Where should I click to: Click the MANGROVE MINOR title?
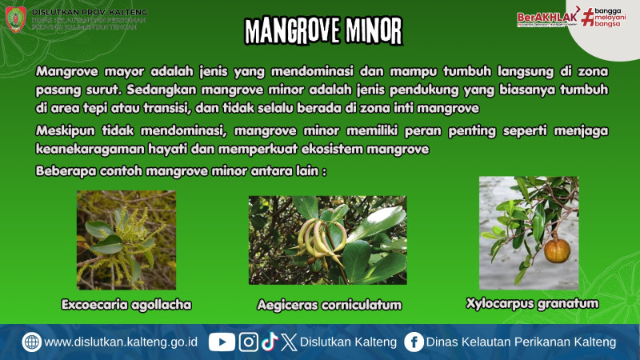click(x=323, y=30)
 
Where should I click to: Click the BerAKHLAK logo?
click(x=547, y=18)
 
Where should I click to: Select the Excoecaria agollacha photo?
click(x=126, y=240)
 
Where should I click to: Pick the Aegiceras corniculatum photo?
click(x=327, y=240)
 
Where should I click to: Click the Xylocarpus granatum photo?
click(x=528, y=233)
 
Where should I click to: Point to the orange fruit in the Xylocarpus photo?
click(x=557, y=250)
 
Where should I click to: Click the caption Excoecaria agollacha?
click(x=126, y=304)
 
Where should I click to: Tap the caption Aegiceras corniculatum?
click(x=329, y=305)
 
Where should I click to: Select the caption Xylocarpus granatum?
click(x=532, y=303)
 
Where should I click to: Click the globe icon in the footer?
click(x=31, y=342)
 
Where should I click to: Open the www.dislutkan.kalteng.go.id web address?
click(x=121, y=342)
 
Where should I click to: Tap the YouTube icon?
click(x=222, y=342)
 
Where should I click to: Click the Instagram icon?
click(x=249, y=342)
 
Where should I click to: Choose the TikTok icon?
click(x=270, y=342)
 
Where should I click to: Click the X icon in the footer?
click(x=289, y=342)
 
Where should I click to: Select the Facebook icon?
click(x=414, y=342)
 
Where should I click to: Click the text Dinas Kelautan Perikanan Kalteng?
click(x=521, y=342)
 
